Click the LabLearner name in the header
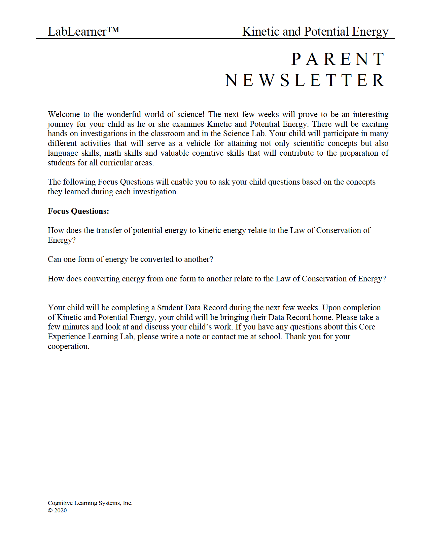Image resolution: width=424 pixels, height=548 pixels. pos(77,32)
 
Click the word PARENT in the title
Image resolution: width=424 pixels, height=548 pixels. pos(338,59)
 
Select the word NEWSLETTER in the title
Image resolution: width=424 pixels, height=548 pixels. pos(305,80)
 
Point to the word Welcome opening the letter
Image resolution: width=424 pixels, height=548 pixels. pos(64,114)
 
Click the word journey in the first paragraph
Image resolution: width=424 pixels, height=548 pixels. pos(61,124)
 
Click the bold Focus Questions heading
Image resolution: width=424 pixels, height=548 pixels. pos(78,211)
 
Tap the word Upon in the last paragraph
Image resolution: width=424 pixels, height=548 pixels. pos(331,308)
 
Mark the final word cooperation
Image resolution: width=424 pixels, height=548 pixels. pos(68,347)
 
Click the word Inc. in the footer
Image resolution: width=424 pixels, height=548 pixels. pos(128,503)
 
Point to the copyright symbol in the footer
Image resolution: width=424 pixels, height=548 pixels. pos(50,511)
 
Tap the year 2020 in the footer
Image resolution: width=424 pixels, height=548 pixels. pos(61,511)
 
